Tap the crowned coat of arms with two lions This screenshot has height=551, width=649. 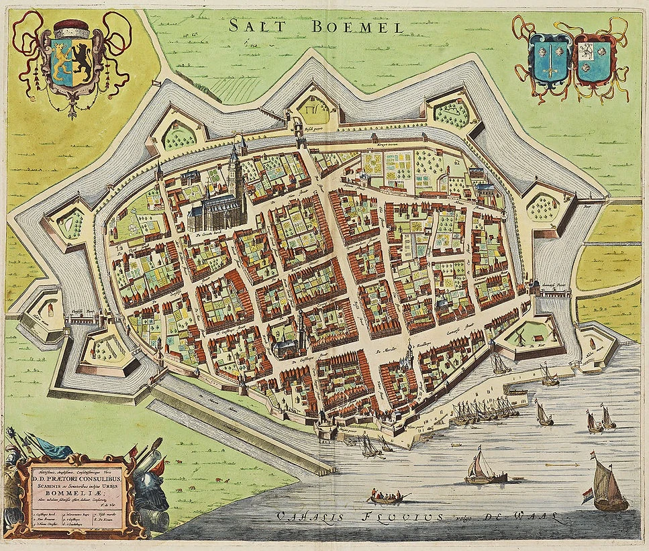coord(73,60)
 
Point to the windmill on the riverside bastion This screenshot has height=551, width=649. coord(519,336)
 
